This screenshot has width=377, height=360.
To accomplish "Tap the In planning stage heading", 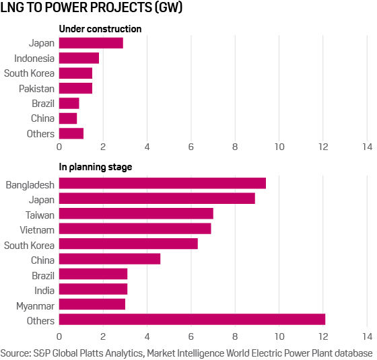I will click(x=96, y=168).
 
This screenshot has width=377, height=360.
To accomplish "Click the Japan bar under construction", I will click(x=91, y=43).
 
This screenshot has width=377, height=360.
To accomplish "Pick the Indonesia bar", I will click(x=79, y=58).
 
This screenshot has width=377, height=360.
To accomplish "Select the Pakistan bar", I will click(x=75, y=88).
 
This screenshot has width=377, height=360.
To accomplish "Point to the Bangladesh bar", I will click(x=162, y=183).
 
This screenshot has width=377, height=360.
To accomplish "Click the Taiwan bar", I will click(x=136, y=213).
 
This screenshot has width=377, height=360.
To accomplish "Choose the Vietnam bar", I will click(x=135, y=229).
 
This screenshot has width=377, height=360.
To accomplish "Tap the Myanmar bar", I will click(x=92, y=305).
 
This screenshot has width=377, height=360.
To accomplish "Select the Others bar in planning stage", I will click(x=192, y=320).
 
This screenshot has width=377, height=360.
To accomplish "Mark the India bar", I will click(x=93, y=289).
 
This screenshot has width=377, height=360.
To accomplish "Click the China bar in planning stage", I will click(x=110, y=259).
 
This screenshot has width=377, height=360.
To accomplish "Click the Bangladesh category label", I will click(x=30, y=183).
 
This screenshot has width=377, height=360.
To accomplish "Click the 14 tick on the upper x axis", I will click(x=367, y=146).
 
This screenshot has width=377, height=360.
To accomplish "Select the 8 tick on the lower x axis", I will click(x=235, y=335).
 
